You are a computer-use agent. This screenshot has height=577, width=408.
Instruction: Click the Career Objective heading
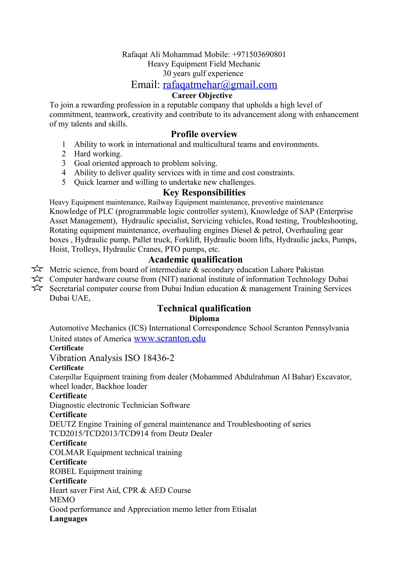pos(202,96)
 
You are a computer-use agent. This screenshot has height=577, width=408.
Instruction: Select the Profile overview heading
pos(204,134)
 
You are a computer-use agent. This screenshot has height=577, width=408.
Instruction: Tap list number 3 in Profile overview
pos(64,163)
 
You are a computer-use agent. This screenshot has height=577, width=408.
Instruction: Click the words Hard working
pos(98,154)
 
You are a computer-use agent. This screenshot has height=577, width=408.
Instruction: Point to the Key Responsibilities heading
pos(204,193)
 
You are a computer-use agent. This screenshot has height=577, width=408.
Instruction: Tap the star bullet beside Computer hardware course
pos(37,279)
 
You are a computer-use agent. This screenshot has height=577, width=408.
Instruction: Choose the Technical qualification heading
pos(204,308)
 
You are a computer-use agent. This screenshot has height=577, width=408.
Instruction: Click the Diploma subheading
pos(204,319)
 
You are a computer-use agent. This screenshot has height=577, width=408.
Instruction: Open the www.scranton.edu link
pos(170,339)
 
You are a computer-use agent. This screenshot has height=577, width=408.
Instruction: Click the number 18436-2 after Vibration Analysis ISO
pos(158,358)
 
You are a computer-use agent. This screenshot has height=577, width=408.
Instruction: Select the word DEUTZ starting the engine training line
pos(63,424)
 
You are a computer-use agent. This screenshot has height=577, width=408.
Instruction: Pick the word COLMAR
pos(67,453)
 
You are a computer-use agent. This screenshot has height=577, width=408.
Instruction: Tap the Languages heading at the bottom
pos(68,519)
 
